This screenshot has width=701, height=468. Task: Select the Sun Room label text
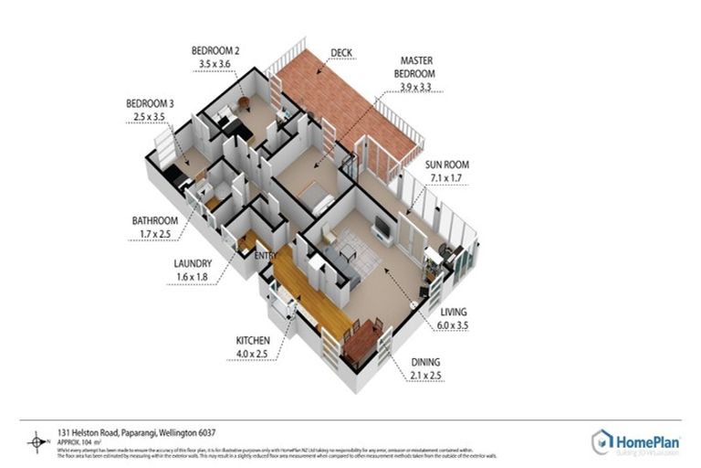[x=445, y=165]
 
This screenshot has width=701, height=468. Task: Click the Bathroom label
[x=156, y=220]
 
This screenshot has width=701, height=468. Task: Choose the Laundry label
[x=194, y=264]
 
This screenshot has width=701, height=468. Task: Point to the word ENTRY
[x=266, y=255]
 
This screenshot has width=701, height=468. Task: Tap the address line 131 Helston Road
[x=136, y=431]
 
